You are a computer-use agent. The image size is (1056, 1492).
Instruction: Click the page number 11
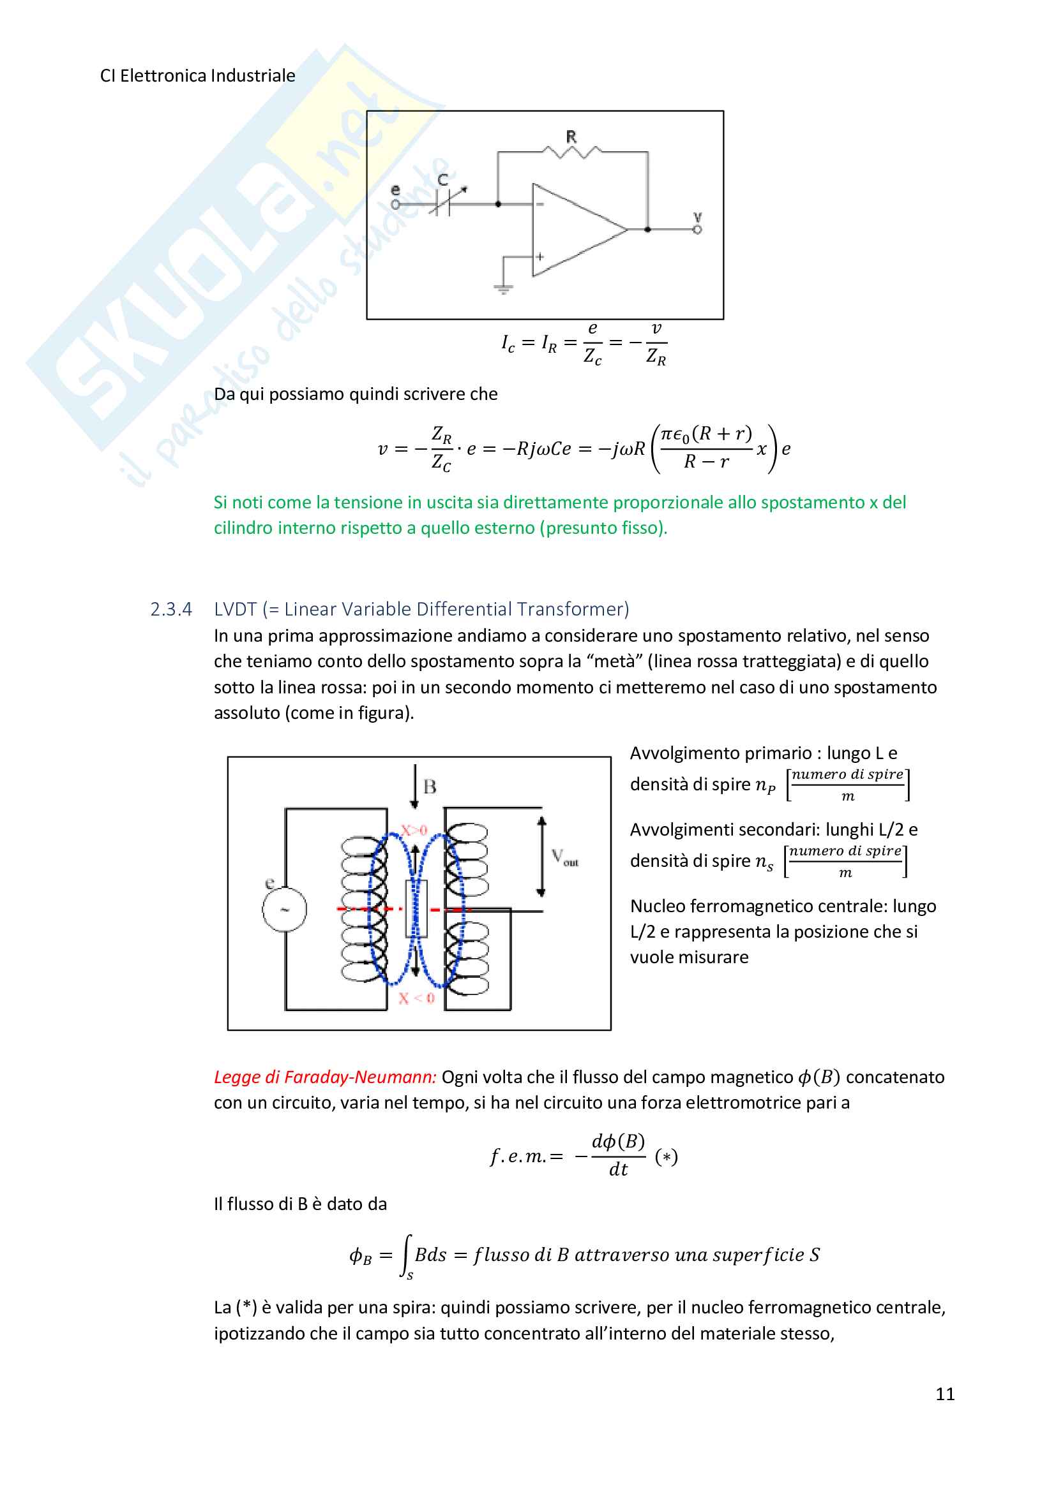tap(945, 1393)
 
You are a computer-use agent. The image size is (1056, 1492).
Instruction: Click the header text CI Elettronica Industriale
tap(198, 76)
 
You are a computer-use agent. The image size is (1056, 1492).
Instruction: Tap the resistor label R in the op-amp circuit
tap(571, 137)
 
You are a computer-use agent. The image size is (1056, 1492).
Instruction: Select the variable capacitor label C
tap(443, 180)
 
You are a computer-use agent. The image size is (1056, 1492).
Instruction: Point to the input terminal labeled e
tap(395, 203)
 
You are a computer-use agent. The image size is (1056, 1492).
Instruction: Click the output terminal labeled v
tap(697, 230)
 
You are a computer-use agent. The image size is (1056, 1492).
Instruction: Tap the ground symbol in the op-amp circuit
tap(502, 288)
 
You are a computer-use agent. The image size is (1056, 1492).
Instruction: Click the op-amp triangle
tap(572, 230)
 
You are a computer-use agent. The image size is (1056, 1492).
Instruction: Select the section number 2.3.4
tap(171, 610)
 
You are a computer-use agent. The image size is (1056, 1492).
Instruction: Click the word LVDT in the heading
tap(236, 610)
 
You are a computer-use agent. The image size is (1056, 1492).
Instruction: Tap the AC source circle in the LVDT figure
tap(284, 909)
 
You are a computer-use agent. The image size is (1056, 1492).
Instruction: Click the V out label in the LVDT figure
tap(564, 857)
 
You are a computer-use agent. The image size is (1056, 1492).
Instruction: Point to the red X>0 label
tap(414, 831)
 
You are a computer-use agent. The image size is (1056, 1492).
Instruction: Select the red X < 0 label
tap(416, 998)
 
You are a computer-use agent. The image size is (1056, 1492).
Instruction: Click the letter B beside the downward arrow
tap(430, 787)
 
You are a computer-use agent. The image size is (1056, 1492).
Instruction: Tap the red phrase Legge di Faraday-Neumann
tap(324, 1077)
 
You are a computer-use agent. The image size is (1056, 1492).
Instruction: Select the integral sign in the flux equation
tap(407, 1255)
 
